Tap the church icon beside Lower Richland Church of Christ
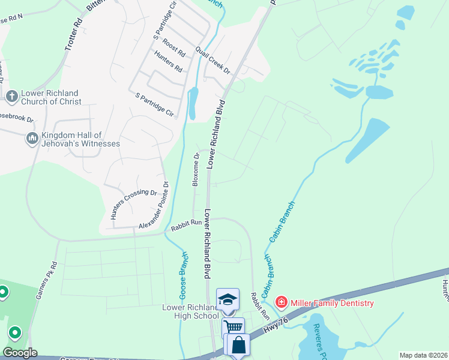[x=11, y=96]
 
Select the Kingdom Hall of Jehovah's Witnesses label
[x=80, y=139]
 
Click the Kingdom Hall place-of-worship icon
[x=32, y=139]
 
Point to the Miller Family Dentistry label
[x=332, y=303]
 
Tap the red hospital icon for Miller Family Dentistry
[x=280, y=302]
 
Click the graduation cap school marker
[x=228, y=299]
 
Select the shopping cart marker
[x=234, y=328]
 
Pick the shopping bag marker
[x=238, y=345]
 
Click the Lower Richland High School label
[x=182, y=311]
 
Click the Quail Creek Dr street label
[x=212, y=61]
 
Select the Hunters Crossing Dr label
[x=134, y=204]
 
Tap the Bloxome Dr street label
[x=196, y=170]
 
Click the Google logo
[x=20, y=353]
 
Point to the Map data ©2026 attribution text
[x=423, y=355]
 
